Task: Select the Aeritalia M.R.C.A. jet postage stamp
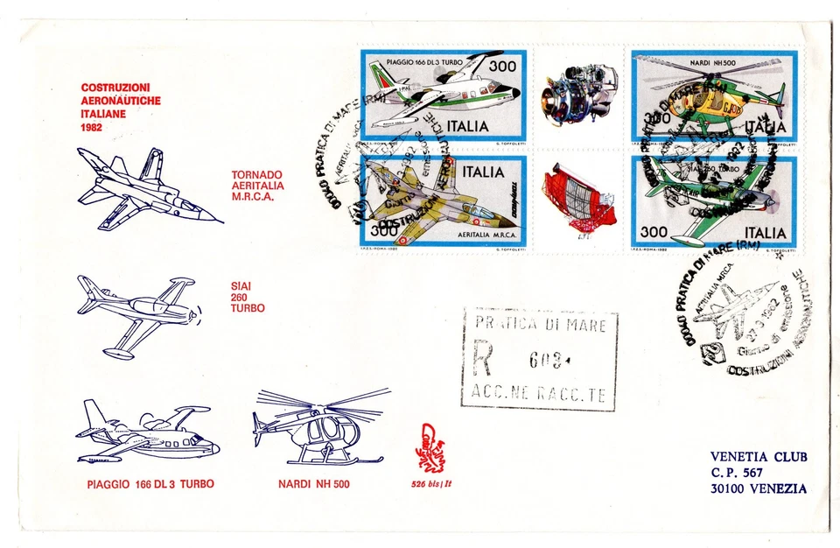tap(444, 203)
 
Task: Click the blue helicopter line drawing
tap(320, 426)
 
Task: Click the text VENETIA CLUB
tap(759, 457)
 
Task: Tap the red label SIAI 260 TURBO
tap(248, 295)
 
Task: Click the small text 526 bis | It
tap(435, 484)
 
